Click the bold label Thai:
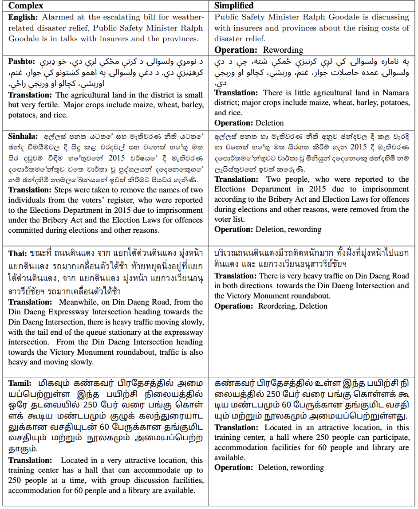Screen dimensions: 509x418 pos(17,254)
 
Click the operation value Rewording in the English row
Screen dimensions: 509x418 pos(283,50)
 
